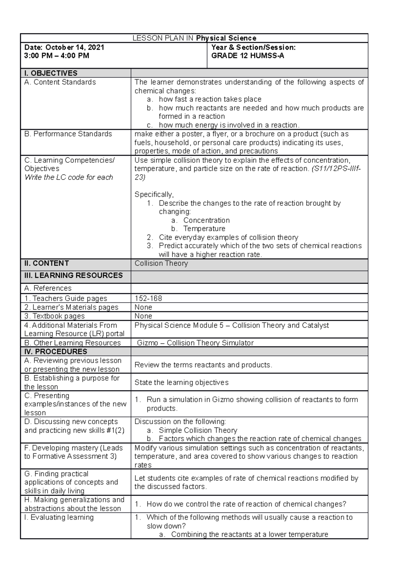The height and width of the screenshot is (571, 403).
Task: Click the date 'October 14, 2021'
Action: (75, 47)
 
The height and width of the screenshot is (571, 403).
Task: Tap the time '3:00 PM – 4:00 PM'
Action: (56, 56)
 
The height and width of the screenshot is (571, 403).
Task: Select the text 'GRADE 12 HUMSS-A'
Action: (248, 56)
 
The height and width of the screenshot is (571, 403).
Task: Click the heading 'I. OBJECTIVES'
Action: (51, 73)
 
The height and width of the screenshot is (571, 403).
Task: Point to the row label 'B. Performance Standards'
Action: (68, 134)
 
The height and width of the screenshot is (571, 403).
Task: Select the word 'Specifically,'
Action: (154, 194)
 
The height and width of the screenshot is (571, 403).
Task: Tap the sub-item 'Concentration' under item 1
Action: (206, 220)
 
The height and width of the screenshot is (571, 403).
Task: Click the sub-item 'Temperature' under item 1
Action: (204, 229)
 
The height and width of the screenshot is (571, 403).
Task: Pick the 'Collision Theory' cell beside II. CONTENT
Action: (161, 263)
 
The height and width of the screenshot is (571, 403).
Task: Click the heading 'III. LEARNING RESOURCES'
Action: (73, 275)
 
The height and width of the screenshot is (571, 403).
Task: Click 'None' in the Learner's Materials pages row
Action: (143, 307)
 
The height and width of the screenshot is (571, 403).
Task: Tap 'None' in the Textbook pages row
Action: (143, 316)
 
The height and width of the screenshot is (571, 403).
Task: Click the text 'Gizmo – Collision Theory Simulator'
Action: (195, 343)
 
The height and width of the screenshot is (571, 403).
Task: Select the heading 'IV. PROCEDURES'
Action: (55, 351)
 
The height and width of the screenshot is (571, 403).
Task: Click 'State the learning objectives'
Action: (181, 382)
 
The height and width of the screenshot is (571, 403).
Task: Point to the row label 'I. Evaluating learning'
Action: (59, 517)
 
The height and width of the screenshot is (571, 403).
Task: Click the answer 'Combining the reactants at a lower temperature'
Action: (249, 534)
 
